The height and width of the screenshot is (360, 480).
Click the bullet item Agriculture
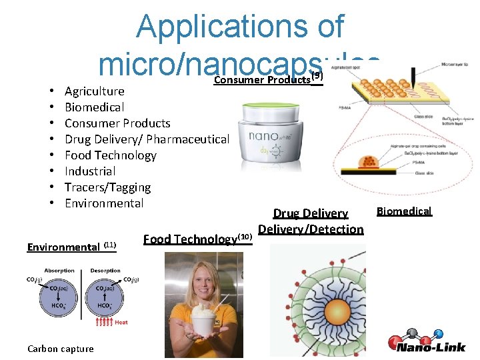[x=94, y=91]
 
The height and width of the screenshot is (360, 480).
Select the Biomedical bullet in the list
[x=94, y=107]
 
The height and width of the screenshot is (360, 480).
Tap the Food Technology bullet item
[x=110, y=155]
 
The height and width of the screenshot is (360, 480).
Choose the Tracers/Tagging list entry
[x=107, y=187]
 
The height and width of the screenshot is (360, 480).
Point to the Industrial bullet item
[x=90, y=171]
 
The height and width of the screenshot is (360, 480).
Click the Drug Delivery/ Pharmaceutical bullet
[x=147, y=139]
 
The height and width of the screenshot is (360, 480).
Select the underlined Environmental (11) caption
[x=72, y=247]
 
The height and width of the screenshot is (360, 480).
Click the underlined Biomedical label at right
[x=404, y=211]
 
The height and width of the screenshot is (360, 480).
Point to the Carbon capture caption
[x=61, y=348]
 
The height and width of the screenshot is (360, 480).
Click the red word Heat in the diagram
[x=121, y=323]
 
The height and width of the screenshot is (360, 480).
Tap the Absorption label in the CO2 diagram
[x=60, y=271]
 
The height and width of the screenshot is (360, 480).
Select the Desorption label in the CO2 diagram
[x=105, y=271]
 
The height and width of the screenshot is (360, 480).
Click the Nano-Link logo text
[x=433, y=347]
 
